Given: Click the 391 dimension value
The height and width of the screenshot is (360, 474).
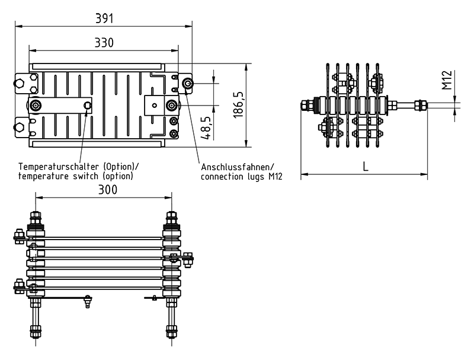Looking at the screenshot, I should click(104, 18).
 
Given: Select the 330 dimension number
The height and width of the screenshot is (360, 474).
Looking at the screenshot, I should click(104, 43).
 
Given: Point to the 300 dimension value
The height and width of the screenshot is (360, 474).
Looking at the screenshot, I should click(107, 189).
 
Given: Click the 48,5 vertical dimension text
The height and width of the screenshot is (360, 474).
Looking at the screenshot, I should click(206, 126).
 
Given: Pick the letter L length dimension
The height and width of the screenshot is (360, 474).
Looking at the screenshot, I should click(365, 167).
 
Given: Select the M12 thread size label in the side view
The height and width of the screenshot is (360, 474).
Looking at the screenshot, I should click(447, 80).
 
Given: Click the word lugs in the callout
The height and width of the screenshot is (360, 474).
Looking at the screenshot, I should click(252, 176).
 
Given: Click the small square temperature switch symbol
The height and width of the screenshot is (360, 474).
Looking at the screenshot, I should click(88, 106).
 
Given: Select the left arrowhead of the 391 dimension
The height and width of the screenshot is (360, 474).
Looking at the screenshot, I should click(18, 26).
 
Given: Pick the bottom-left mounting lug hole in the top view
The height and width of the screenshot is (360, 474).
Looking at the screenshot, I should click(20, 126).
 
